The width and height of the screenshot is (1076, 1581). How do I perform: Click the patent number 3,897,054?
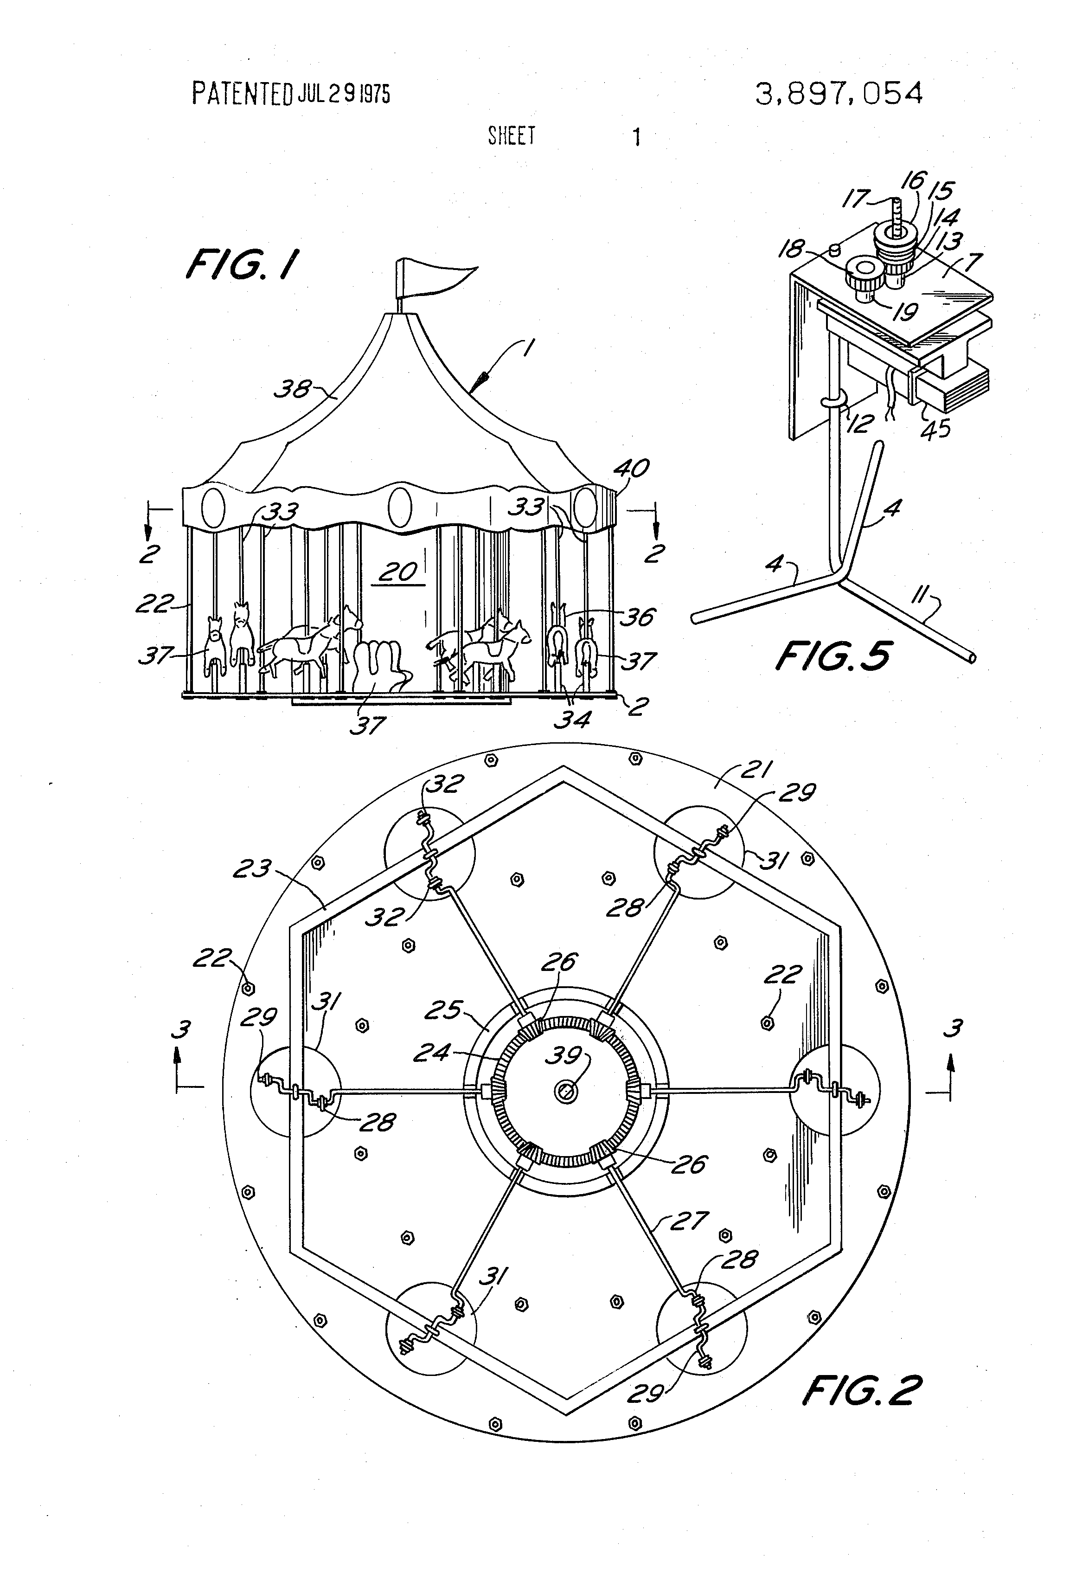839,93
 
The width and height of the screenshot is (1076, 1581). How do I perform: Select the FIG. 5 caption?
833,656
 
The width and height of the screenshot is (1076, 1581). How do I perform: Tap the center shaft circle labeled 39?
564,1093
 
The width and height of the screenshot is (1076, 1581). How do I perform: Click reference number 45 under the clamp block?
935,429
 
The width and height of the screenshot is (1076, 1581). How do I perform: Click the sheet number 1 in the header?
636,137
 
